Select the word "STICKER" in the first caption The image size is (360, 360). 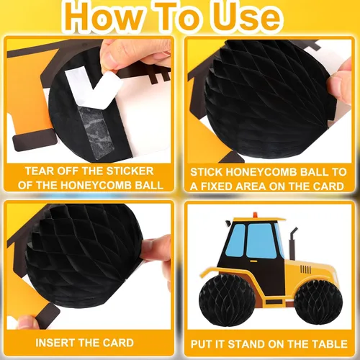(x=130, y=171)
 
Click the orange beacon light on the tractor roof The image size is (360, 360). (x=255, y=215)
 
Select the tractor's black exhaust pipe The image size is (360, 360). (x=292, y=243)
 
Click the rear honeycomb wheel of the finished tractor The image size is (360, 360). (x=227, y=300)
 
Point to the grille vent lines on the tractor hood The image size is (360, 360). (x=305, y=269)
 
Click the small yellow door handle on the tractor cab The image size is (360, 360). (x=253, y=261)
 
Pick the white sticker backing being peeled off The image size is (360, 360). (x=94, y=88)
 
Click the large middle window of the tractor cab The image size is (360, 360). (x=261, y=240)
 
